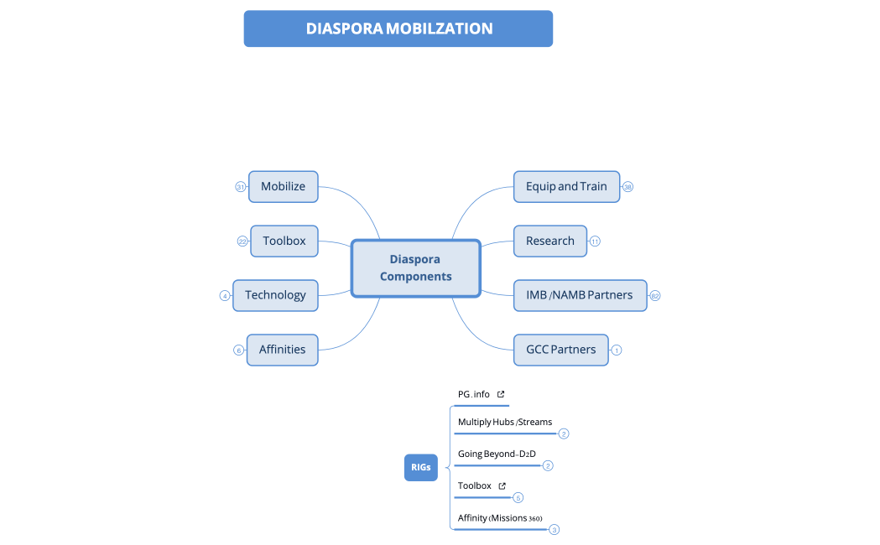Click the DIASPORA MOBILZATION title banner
(398, 29)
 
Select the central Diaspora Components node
(415, 268)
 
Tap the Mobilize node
(284, 186)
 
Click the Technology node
(275, 295)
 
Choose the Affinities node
(282, 350)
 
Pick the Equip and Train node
(566, 186)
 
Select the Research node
(550, 241)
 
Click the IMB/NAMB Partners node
(580, 295)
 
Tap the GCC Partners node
(561, 350)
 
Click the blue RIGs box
(421, 467)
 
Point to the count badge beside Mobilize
(240, 187)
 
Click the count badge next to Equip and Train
(627, 187)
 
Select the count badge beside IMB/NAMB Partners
(655, 296)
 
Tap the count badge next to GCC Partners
(617, 350)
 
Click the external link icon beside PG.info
(501, 394)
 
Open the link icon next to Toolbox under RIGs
(502, 485)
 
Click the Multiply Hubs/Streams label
(505, 422)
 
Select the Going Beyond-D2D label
(497, 454)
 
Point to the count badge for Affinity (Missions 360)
(554, 530)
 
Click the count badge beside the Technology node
(225, 296)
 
